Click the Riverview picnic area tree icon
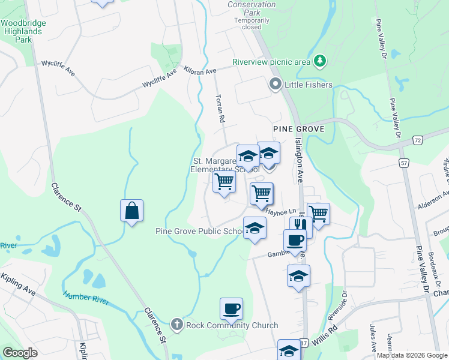click(321, 61)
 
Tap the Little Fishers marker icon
click(276, 85)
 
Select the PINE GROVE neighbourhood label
click(298, 129)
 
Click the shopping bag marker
click(132, 211)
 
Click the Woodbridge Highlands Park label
click(23, 31)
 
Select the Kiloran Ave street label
click(200, 71)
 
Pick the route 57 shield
click(403, 163)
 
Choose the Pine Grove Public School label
click(198, 232)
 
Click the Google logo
click(20, 353)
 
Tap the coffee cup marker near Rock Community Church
click(231, 309)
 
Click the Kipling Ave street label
click(18, 284)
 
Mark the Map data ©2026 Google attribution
click(412, 355)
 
